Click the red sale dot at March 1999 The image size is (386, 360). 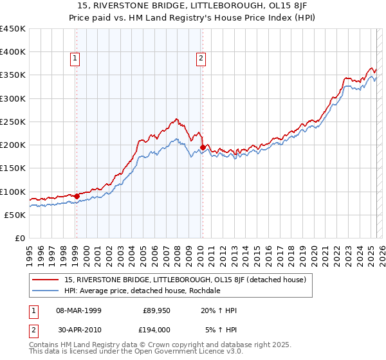[77, 196]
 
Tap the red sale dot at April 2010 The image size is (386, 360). [203, 147]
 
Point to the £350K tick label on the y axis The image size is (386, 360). [12, 75]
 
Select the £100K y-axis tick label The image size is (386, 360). [12, 192]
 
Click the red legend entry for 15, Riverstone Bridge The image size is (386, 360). [188, 280]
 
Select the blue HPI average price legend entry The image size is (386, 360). [142, 291]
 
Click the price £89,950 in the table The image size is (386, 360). [155, 310]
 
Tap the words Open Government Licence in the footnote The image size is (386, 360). [158, 352]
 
